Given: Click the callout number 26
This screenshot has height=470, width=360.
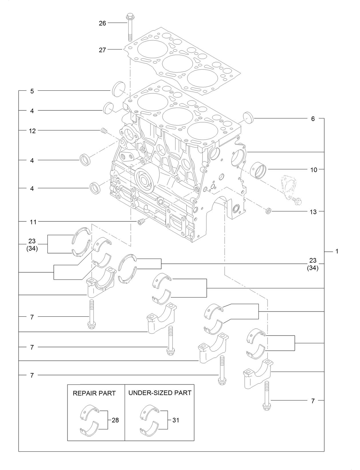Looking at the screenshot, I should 102,23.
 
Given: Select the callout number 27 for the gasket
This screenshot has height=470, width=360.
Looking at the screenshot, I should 102,50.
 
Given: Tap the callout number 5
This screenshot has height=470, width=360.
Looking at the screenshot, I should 32,91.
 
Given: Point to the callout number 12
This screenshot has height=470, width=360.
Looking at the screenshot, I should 32,131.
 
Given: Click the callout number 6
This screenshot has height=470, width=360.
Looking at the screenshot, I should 313,119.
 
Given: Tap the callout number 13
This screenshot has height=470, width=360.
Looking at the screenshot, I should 313,212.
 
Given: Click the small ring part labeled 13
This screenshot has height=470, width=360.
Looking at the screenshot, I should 268,211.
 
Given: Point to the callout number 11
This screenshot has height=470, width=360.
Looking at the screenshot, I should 33,222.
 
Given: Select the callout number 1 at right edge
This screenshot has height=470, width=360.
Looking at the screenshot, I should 337,252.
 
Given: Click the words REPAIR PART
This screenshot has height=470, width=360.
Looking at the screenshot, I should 94,393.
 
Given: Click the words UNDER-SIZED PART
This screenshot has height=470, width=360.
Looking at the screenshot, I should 160,393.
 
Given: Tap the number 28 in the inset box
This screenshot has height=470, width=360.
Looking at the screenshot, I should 115,420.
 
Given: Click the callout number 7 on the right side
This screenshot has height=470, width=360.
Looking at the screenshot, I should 313,401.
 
